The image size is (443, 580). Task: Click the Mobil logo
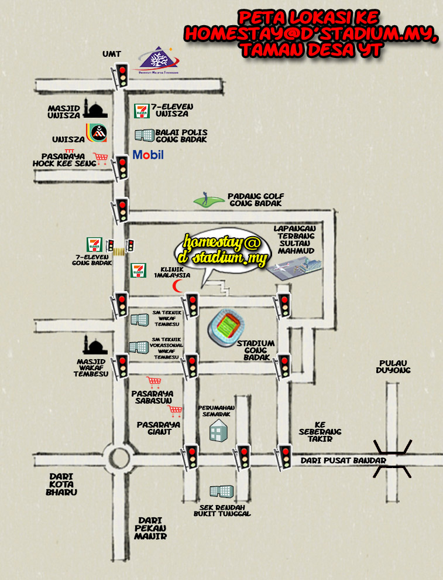(x=148, y=155)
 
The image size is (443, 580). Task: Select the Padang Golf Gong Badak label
(x=255, y=200)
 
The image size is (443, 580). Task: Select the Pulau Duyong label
(x=394, y=366)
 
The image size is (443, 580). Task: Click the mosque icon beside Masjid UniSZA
(x=96, y=108)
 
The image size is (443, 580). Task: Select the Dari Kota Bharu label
(x=61, y=484)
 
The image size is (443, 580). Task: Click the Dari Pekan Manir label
(x=150, y=528)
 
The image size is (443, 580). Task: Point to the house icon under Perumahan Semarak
(x=218, y=431)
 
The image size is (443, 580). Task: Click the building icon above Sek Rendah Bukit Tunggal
(x=221, y=492)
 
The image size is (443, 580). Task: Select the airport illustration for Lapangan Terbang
(x=296, y=265)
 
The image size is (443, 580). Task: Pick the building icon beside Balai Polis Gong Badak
(x=145, y=135)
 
